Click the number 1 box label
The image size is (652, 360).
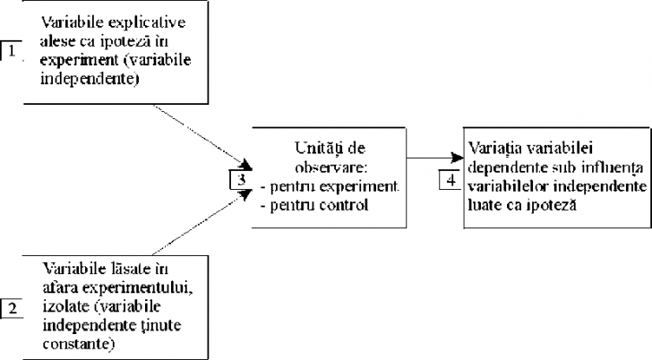(x=10, y=50)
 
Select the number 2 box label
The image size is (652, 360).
(x=12, y=309)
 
